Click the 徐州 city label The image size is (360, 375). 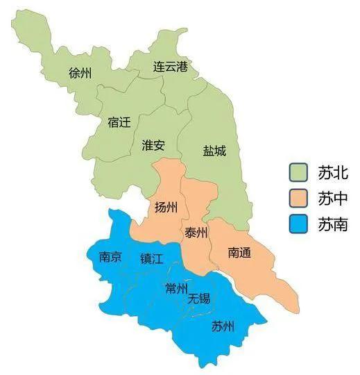coord(81,73)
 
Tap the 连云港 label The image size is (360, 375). coord(171,67)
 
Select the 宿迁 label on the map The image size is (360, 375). coord(119,122)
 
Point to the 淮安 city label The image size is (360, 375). coord(153,145)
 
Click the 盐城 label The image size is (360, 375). coord(214,150)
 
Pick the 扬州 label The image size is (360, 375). coord(166,207)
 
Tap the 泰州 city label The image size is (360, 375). coord(196,233)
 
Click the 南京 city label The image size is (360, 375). coord(110,257)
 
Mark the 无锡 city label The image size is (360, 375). coord(199,299)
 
